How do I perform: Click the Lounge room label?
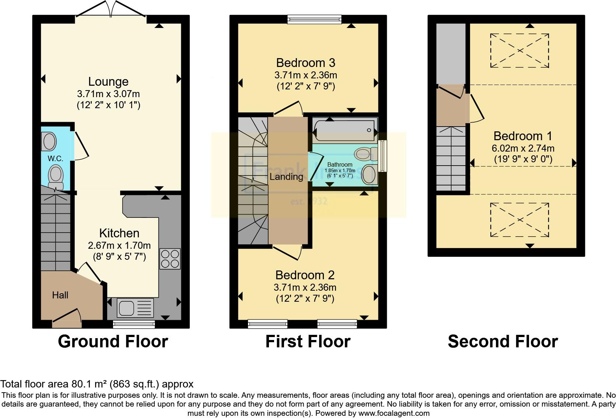(108, 81)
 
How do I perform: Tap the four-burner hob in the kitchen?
(170, 259)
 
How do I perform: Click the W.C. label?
(55, 159)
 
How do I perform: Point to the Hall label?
(60, 295)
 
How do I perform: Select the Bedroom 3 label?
(305, 63)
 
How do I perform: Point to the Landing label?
(286, 177)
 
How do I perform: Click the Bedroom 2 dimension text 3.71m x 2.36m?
(305, 287)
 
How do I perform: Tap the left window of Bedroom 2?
(267, 324)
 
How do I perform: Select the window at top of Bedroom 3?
(314, 19)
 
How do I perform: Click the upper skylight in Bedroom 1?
(519, 50)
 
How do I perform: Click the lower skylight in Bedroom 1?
(519, 220)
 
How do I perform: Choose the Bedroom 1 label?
(522, 136)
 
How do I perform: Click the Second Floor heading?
(503, 341)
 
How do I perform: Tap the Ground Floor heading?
(113, 341)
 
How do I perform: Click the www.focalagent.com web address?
(394, 413)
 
